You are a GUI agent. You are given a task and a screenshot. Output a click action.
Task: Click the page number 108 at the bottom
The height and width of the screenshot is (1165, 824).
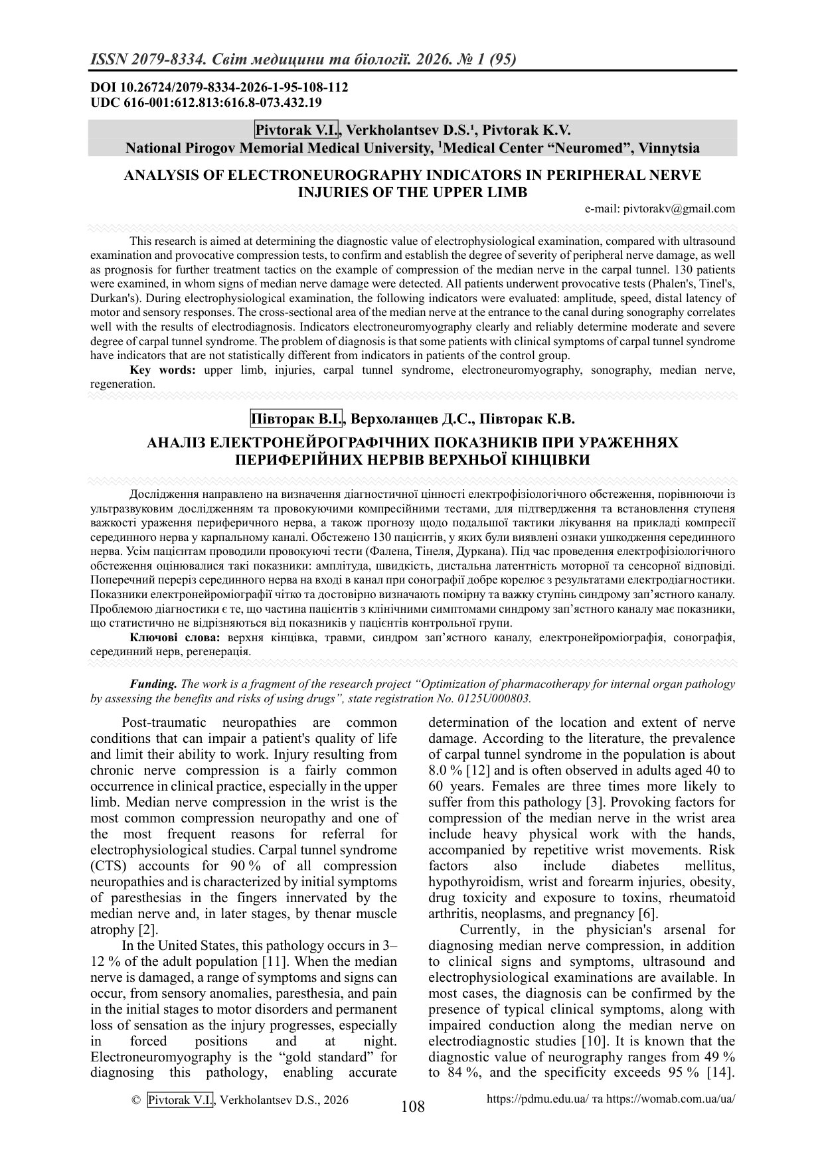pyautogui.click(x=412, y=1107)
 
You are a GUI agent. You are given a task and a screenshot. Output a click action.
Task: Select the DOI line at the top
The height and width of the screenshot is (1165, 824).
pyautogui.click(x=219, y=88)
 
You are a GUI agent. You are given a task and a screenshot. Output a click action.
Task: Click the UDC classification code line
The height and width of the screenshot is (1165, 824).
pyautogui.click(x=206, y=102)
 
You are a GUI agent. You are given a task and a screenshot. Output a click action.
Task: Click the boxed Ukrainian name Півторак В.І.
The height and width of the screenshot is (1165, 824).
pyautogui.click(x=297, y=420)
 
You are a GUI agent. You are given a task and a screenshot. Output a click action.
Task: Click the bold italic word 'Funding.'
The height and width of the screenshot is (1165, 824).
pyautogui.click(x=153, y=684)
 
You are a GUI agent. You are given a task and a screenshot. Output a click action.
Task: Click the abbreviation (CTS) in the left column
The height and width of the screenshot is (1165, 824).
pyautogui.click(x=108, y=866)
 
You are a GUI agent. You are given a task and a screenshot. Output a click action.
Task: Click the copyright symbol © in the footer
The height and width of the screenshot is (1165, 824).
pyautogui.click(x=137, y=1100)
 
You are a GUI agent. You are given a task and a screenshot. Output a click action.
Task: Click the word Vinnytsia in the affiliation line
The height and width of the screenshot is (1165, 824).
pyautogui.click(x=669, y=148)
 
